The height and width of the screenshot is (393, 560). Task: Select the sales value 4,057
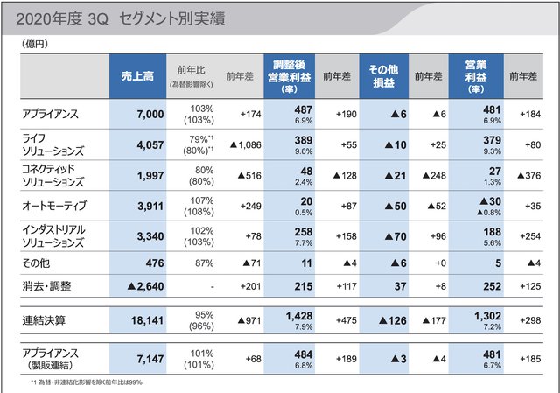tap(139, 146)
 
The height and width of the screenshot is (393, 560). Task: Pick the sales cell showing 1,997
tap(139, 177)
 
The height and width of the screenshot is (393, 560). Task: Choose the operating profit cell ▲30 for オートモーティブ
tap(478, 204)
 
